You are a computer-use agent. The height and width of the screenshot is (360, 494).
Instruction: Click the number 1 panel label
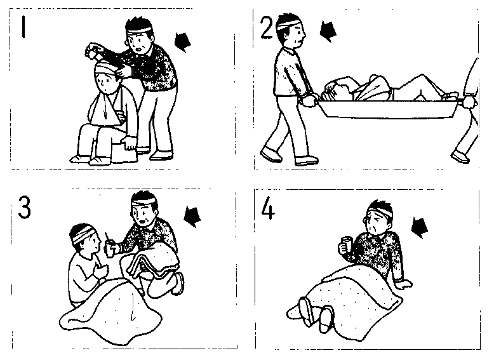pos(23,27)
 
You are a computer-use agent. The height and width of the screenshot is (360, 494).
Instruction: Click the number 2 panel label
pos(267,27)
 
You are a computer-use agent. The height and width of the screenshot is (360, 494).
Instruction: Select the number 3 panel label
pos(25,207)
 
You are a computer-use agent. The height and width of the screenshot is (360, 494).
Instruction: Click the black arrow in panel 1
pos(183,42)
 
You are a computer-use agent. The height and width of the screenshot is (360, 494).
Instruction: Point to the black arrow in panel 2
pos(328,32)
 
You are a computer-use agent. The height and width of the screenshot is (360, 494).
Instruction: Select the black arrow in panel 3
pos(192,217)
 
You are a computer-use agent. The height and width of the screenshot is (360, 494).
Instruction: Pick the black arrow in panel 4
pos(420,227)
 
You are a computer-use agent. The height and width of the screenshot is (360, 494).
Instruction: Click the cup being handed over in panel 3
pos(110,248)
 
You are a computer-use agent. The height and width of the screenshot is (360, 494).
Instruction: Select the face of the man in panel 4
pos(373,222)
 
